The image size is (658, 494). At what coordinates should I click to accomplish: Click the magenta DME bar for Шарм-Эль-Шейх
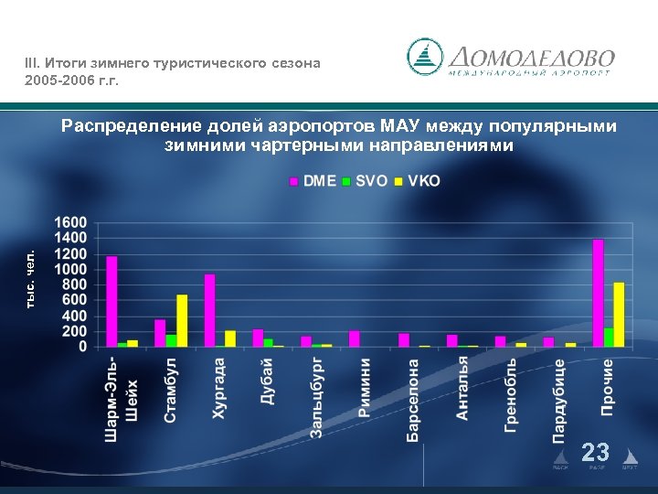(111, 301)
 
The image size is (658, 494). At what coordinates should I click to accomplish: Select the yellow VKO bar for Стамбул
(182, 320)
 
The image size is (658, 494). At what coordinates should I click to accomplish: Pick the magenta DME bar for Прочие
(598, 293)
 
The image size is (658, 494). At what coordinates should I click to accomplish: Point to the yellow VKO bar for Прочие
(619, 314)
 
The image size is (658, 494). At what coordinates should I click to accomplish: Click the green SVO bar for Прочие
(609, 337)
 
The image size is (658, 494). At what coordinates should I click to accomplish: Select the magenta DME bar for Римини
(354, 338)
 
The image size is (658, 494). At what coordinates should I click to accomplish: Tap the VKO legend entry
(417, 181)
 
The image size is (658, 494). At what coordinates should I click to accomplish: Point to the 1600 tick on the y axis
(71, 222)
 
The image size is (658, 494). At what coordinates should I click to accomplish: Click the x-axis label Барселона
(413, 400)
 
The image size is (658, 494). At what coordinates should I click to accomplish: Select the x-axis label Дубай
(266, 381)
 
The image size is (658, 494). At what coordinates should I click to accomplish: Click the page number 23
(596, 452)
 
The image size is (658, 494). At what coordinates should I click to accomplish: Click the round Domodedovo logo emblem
(424, 57)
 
